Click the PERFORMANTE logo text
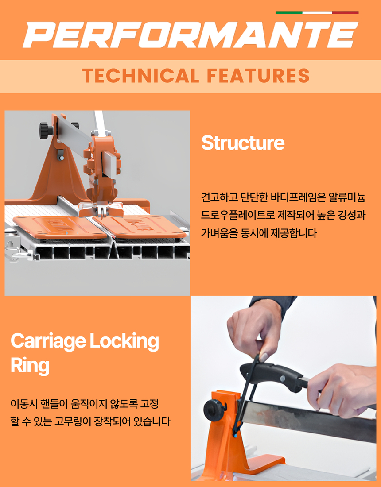(x=190, y=35)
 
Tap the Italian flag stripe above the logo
(x=317, y=13)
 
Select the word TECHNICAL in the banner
(x=140, y=76)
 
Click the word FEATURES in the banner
(x=258, y=76)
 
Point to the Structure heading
(x=243, y=143)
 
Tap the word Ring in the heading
(x=30, y=366)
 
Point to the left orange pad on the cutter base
(x=59, y=228)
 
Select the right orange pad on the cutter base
(x=140, y=227)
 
